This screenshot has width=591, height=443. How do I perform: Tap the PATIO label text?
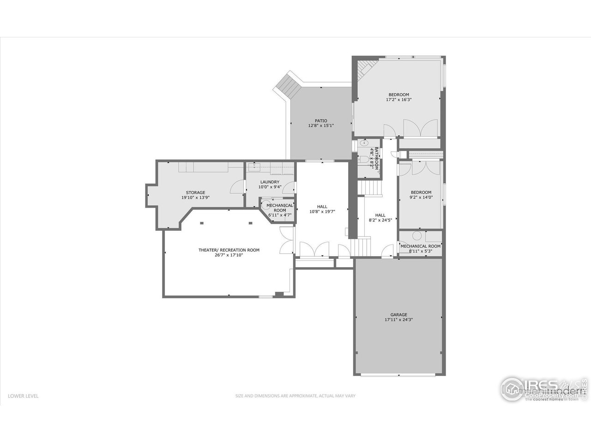(321, 121)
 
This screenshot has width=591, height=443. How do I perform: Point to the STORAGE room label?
(195, 192)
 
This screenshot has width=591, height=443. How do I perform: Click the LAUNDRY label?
(270, 182)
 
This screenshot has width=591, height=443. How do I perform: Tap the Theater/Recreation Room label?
(229, 250)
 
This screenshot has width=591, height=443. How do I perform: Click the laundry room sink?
(253, 167)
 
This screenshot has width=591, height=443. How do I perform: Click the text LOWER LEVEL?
(23, 395)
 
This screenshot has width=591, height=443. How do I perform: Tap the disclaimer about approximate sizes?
(295, 395)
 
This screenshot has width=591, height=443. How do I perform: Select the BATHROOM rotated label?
(376, 158)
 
